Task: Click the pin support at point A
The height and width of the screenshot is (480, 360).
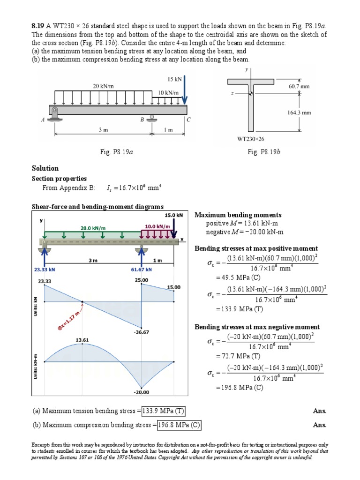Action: pos(55,113)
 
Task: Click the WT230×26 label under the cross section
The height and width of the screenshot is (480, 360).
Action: pos(251,139)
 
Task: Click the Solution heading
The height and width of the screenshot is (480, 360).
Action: pos(45,168)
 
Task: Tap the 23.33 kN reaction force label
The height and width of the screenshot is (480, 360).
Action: pos(44,270)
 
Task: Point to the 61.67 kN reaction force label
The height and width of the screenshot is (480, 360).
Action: pos(141,270)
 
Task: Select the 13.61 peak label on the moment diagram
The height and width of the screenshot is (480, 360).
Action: pos(83,339)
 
